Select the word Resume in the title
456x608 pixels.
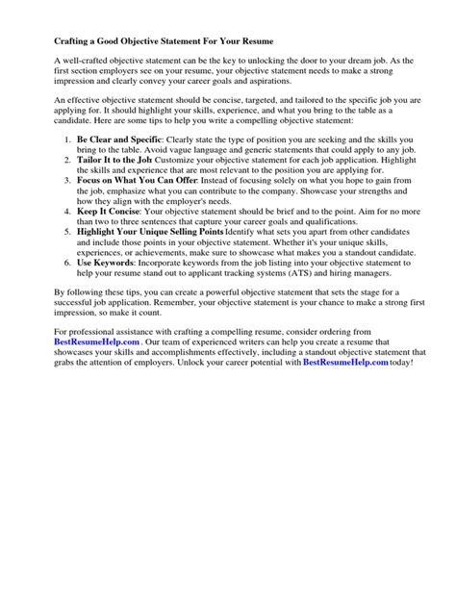(253, 43)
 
